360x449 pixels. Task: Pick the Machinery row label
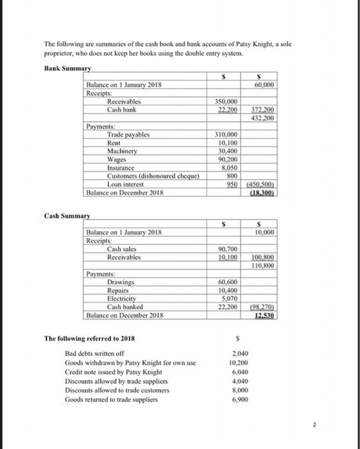point(123,150)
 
